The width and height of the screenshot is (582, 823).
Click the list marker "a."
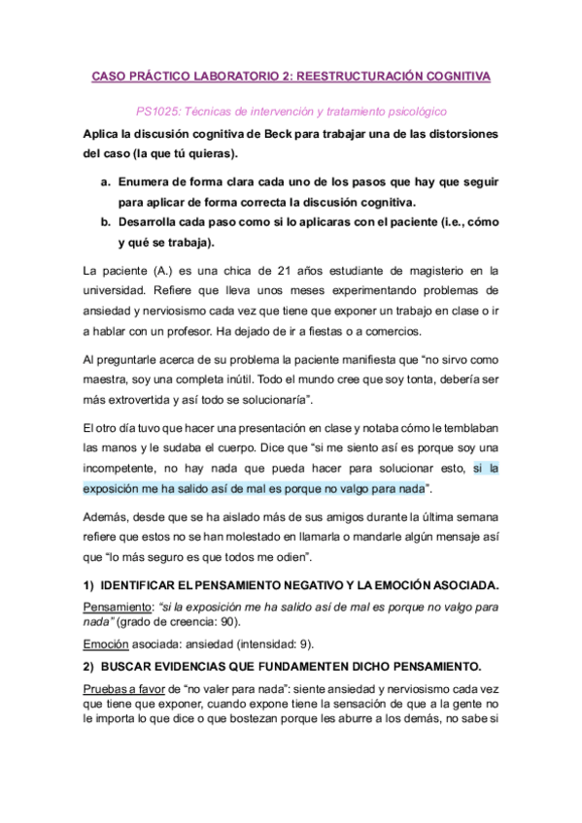[105, 181]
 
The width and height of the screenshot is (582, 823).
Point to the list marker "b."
[105, 222]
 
